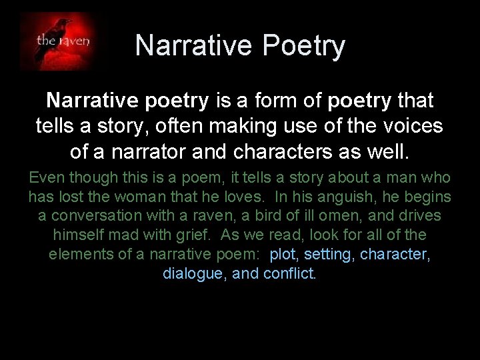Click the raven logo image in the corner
64,42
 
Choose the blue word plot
284,255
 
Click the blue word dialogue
193,273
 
